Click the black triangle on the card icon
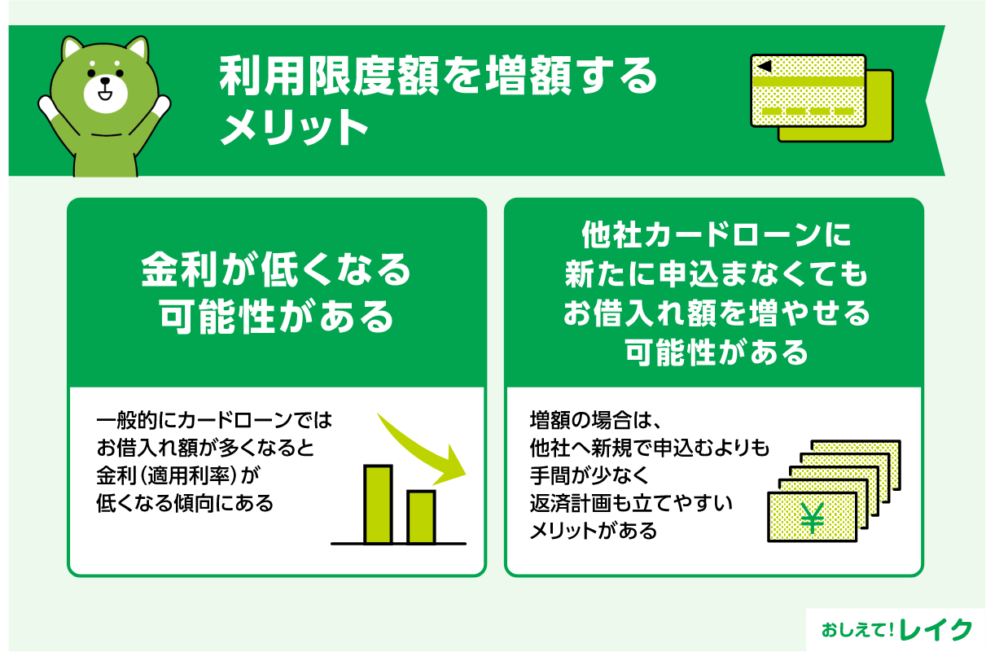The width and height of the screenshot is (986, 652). (x=763, y=66)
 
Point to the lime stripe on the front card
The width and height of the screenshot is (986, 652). (x=808, y=82)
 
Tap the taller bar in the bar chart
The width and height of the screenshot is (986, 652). (x=378, y=504)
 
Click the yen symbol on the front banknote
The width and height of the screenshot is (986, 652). (x=812, y=518)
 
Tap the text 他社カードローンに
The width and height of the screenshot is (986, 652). (x=715, y=237)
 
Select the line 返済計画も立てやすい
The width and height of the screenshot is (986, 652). (x=631, y=504)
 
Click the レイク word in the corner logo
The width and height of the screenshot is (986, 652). (x=938, y=629)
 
